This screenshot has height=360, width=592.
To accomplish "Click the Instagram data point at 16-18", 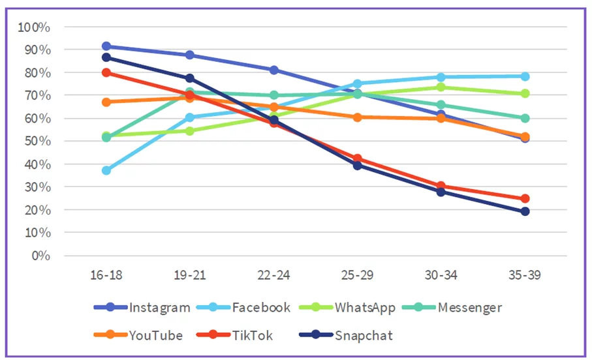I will [106, 46].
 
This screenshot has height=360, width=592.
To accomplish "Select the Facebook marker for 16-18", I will [106, 170].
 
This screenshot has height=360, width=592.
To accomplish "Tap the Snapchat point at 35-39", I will [525, 211].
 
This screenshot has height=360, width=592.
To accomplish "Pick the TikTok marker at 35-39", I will [525, 198].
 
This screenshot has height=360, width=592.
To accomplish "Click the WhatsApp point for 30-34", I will [441, 87].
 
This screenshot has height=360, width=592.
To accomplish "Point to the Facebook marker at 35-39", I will [525, 76].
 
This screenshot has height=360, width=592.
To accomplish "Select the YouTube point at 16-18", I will [106, 102].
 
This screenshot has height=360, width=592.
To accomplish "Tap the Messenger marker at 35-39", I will [525, 118].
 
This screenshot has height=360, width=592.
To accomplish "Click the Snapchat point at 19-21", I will [190, 78].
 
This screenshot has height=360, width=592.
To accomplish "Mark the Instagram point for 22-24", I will [274, 70].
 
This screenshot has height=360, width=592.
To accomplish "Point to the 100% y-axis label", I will [35, 27].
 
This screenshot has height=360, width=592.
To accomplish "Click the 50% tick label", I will [37, 142].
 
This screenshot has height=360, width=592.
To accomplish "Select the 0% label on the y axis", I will [40, 256].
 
